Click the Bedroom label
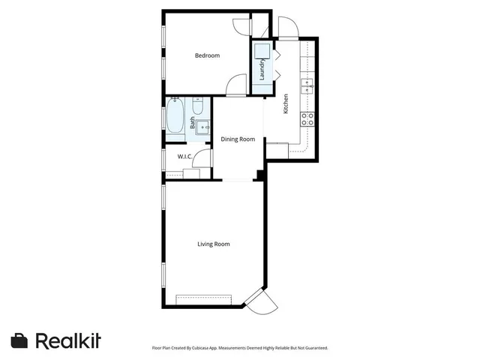coord(207,55)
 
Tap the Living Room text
coord(213,244)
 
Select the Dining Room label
coord(238,139)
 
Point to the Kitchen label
coord(286,103)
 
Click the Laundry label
coord(262,70)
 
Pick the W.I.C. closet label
coord(185,156)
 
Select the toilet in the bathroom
coord(199,105)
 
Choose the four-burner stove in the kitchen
coord(307,118)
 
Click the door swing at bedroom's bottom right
coord(236,84)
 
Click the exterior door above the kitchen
coord(288,28)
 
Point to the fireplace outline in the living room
coord(204,299)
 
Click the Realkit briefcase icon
coord(19,340)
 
